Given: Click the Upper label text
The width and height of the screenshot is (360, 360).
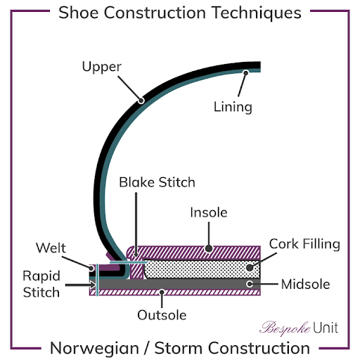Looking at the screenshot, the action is pos(102,67).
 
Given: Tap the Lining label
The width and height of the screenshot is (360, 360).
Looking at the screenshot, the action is pos(233,107).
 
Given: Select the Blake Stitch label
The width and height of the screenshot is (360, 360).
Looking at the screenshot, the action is pos(157,182).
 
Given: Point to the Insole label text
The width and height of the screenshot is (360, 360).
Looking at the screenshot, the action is pos(209,212).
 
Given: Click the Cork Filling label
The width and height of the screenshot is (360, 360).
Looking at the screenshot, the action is pos(304,244).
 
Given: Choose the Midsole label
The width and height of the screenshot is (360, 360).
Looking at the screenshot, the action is pos(305,284).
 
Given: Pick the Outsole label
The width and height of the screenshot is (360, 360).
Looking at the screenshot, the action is pos(162,315).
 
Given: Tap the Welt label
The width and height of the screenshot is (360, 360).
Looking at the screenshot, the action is pos(51,247).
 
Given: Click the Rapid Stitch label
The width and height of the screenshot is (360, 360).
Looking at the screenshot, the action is pos(41,284).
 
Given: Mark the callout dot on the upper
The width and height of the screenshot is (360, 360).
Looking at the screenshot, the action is pos(141,101).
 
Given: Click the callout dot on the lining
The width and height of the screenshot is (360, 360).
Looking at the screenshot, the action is pos(245,73).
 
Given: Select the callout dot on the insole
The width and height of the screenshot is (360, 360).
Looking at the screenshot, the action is pos(209,248).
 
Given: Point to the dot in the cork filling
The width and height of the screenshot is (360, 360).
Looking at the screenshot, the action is pos(250,267).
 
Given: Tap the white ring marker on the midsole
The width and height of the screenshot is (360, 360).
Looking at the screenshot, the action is pos(250,284).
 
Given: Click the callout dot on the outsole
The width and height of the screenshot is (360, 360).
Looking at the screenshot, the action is pos(162,292).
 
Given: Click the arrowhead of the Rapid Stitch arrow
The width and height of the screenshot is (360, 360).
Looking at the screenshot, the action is pos(93,285).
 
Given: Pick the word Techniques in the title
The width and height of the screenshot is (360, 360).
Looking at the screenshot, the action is pos(257,13).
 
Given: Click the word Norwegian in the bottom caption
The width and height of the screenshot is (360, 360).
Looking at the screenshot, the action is pos(95,348).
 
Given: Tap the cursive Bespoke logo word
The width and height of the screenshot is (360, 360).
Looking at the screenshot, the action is pos(285,328).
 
